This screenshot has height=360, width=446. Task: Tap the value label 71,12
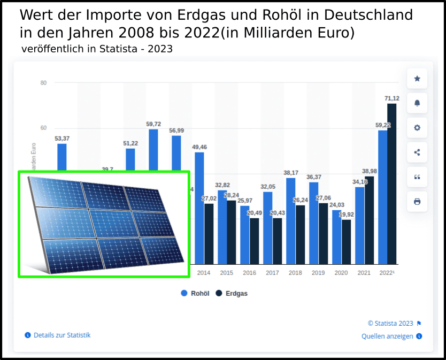coord(392,98)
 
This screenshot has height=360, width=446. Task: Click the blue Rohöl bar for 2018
coord(291,221)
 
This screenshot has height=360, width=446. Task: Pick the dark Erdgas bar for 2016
coord(255,241)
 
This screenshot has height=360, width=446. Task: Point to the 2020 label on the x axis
coord(341,273)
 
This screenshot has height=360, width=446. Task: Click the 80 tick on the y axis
coord(43,83)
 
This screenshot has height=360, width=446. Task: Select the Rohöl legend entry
coord(196,293)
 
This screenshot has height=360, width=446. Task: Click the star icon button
coord(417,79)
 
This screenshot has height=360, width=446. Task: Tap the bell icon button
coord(417,103)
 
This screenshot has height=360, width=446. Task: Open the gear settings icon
coord(417,128)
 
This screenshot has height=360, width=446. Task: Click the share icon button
coord(417,152)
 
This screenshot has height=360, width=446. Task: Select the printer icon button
coord(417,202)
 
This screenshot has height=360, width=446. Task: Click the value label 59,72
coord(153,124)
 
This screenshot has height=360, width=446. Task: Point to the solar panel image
coord(104,224)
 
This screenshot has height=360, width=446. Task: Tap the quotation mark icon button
coord(417,177)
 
